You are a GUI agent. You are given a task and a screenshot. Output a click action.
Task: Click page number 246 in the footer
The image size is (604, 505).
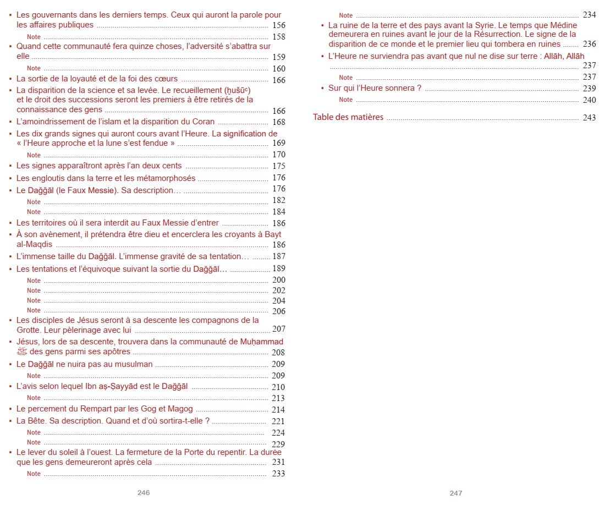[x=144, y=493]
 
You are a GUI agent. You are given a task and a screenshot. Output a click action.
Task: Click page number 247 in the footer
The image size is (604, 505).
[x=456, y=493]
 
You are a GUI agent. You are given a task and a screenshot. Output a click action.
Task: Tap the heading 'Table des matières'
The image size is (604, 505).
[x=348, y=117]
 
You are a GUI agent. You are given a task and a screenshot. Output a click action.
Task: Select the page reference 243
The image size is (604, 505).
[x=589, y=118]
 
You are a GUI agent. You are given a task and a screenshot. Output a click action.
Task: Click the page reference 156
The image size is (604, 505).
[x=279, y=25]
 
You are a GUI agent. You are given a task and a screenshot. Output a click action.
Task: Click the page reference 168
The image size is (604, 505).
[x=279, y=122]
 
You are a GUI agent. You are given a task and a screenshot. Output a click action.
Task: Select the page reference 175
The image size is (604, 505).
[x=279, y=166]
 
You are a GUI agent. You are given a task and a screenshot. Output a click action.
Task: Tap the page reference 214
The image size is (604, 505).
[x=279, y=410]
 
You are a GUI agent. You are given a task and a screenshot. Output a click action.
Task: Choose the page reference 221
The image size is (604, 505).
[x=279, y=421]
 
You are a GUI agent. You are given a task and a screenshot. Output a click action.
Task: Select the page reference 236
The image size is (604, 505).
[x=589, y=44]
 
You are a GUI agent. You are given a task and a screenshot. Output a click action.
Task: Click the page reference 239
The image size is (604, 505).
[x=589, y=89]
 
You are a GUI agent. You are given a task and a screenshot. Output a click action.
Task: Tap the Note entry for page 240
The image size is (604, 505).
[x=346, y=100]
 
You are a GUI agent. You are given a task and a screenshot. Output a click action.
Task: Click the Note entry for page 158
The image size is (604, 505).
[x=34, y=36]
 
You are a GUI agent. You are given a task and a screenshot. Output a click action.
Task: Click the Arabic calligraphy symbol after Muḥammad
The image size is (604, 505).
[x=22, y=352]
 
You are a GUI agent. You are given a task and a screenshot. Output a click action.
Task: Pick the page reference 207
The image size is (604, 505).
[x=279, y=330]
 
